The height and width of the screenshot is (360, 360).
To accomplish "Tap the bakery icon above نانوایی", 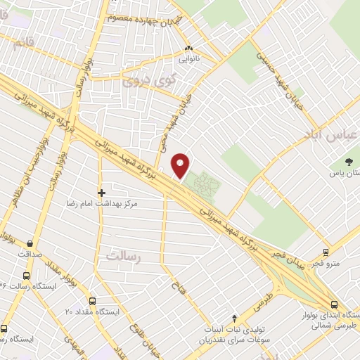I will click(x=188, y=49).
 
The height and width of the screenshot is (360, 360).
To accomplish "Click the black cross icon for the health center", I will click(x=101, y=192).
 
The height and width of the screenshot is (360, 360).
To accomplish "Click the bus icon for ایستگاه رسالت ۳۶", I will click(x=27, y=276).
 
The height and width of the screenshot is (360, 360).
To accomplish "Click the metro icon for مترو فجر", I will click(x=326, y=252).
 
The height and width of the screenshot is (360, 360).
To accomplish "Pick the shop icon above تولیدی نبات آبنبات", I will click(x=235, y=319).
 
